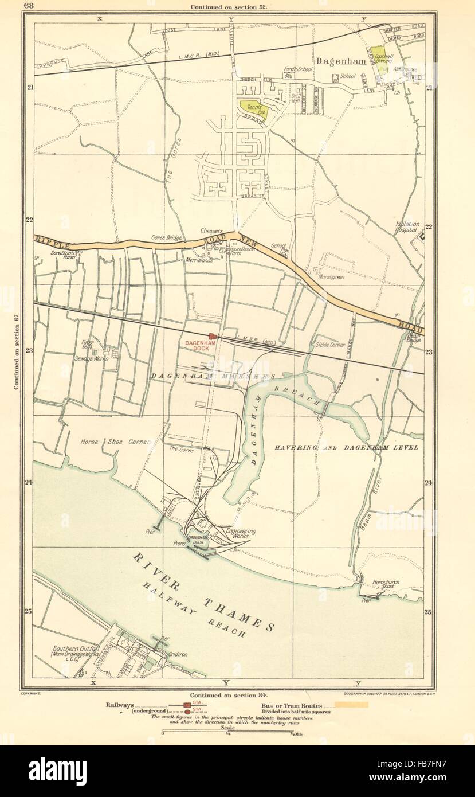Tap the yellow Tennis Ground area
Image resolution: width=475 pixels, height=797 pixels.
click(x=252, y=108)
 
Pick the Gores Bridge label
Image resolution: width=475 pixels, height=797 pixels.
click(x=166, y=237)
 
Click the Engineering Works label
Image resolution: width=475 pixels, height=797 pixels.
click(x=241, y=534)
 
